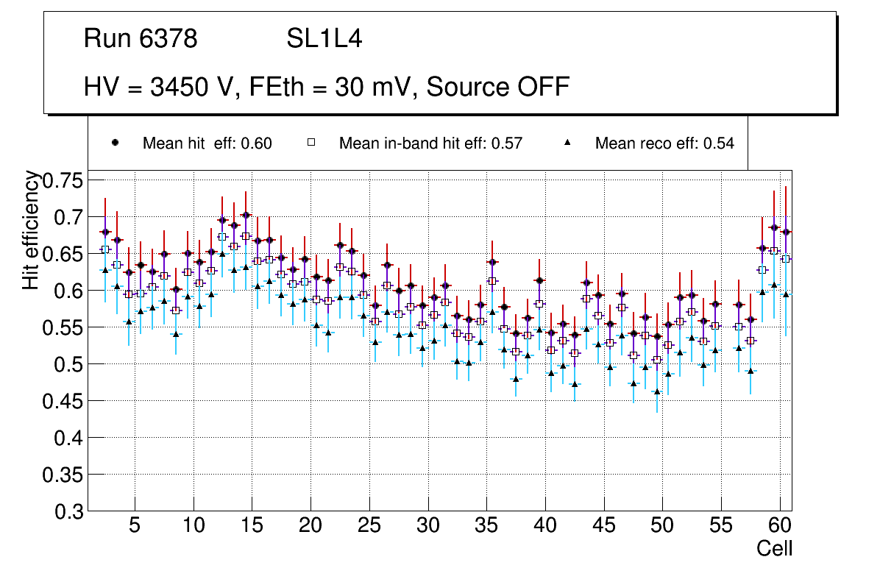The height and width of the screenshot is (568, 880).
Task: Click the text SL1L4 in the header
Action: point(324,39)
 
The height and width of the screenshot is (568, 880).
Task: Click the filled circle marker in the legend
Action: point(115,143)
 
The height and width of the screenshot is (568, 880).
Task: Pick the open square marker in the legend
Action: point(311,143)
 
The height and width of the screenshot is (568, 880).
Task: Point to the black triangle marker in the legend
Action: point(567,143)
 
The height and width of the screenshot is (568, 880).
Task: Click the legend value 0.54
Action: point(719,143)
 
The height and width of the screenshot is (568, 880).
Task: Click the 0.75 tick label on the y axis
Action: point(65,180)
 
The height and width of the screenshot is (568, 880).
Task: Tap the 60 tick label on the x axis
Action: point(780,527)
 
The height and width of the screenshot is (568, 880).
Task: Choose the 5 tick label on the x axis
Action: point(134,527)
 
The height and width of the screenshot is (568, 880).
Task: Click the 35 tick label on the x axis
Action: point(486,527)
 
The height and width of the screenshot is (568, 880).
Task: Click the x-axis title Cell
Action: point(775,548)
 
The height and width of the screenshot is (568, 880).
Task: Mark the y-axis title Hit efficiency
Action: point(31,230)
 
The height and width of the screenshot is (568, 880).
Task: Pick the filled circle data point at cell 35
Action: point(492,262)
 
